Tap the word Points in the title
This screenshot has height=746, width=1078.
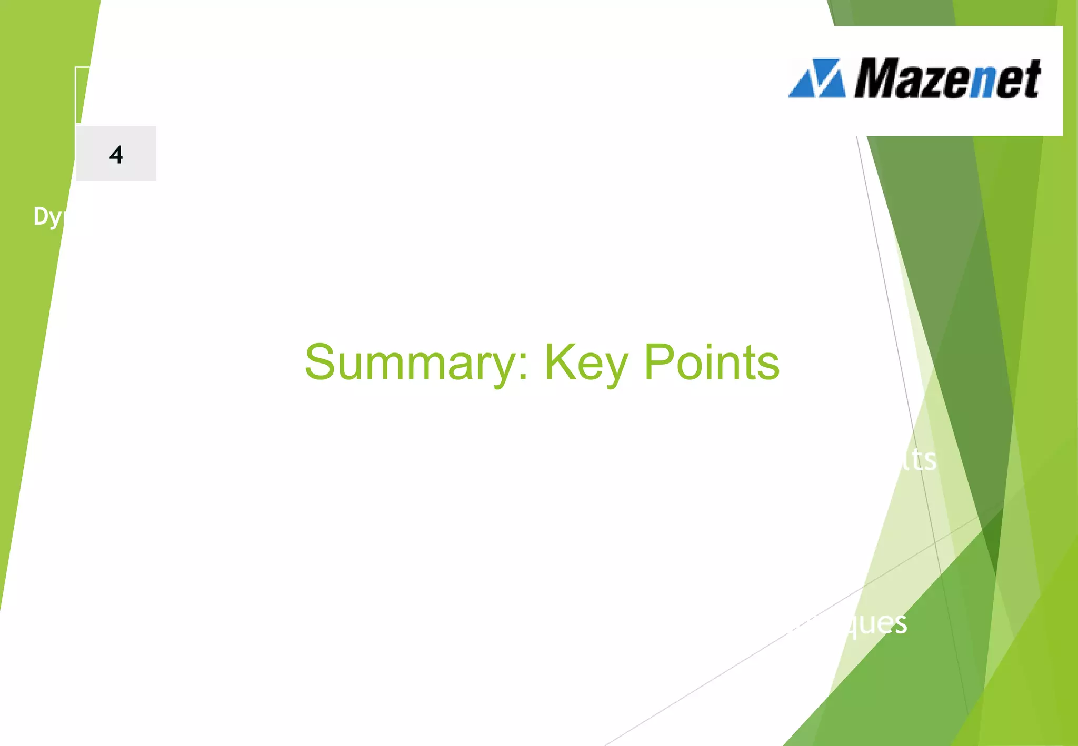pyautogui.click(x=712, y=363)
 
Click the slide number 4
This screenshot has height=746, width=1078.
pyautogui.click(x=116, y=155)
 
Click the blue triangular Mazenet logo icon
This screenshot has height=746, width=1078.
pyautogui.click(x=817, y=79)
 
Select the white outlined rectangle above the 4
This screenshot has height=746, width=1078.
pyautogui.click(x=83, y=95)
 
